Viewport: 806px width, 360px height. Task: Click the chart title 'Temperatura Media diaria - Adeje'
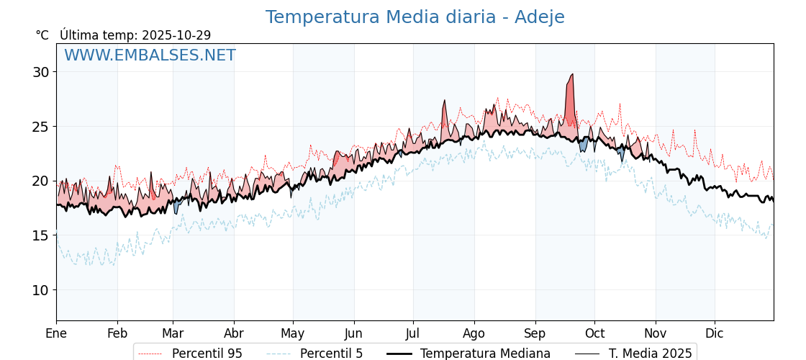coord(415,17)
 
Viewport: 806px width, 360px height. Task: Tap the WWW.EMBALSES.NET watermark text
coord(150,55)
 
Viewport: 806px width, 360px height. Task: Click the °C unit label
coord(42,35)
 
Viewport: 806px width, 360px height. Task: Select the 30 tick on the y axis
coord(40,72)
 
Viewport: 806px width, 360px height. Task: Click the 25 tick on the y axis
coord(40,127)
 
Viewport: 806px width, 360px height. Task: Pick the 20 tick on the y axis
coord(40,181)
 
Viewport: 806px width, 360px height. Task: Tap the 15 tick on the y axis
coord(40,235)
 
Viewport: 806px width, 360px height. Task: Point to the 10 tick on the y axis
coord(40,290)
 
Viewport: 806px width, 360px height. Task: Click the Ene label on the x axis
coord(56,333)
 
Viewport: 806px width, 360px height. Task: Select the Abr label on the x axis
coord(234,333)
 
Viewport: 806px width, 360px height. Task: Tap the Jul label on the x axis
coord(413,333)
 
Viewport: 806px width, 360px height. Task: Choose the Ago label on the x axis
coord(474,333)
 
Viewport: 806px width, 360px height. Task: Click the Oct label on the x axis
coord(594,333)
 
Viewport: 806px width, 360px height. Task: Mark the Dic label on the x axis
coord(715,333)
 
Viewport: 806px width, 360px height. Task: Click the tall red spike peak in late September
coord(572,75)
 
